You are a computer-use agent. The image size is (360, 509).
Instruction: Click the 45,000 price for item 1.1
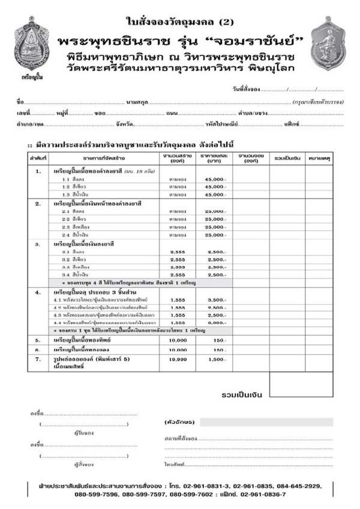pyautogui.click(x=215, y=179)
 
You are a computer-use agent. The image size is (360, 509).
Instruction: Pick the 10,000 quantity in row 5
pyautogui.click(x=178, y=340)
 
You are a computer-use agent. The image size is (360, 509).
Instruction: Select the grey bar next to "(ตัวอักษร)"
pyautogui.click(x=267, y=422)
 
